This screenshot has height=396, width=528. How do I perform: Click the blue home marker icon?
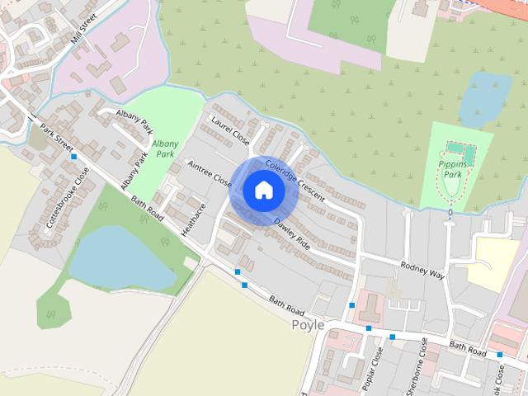coord(263,191)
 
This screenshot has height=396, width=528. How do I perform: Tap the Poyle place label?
coord(309,325)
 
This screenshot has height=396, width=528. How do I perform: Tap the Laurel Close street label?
coord(230,130)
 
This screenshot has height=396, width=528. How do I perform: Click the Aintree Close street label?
coord(210,173)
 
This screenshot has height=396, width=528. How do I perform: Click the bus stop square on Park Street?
coord(74,156)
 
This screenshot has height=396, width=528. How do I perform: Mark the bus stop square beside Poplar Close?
coord(369,328)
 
